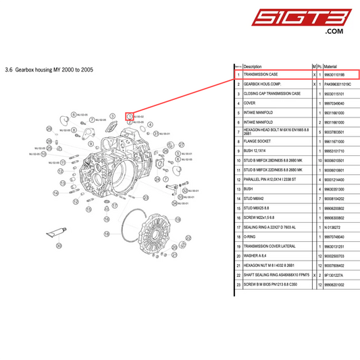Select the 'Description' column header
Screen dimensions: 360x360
pos(253,66)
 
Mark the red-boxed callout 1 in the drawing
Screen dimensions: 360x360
pos(129,116)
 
